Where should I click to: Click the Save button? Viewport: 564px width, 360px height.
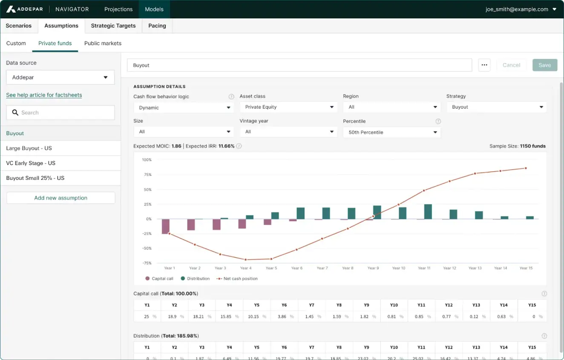click(x=544, y=65)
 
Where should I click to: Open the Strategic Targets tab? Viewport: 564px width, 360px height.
click(x=113, y=26)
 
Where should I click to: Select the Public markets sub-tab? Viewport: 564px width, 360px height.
click(x=103, y=43)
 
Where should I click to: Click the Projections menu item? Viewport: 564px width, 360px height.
click(x=118, y=9)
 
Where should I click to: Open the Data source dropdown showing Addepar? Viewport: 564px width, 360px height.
click(x=60, y=78)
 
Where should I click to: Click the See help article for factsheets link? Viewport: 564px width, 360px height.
click(x=44, y=95)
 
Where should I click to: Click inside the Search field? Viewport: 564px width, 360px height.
click(x=60, y=112)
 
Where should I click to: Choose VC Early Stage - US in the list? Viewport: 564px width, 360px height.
click(x=31, y=163)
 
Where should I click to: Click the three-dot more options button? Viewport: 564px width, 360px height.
click(x=484, y=65)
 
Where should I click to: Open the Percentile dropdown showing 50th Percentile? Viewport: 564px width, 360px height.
click(x=391, y=132)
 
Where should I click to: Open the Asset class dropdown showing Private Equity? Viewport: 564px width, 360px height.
click(x=288, y=107)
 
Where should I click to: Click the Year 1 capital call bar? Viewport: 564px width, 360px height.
click(x=166, y=226)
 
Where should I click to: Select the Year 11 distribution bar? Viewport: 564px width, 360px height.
click(x=428, y=212)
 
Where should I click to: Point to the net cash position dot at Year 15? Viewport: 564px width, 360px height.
click(x=526, y=168)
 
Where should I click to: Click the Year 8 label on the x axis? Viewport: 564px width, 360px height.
click(x=348, y=268)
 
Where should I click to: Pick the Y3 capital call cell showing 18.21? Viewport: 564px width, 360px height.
click(x=201, y=317)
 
